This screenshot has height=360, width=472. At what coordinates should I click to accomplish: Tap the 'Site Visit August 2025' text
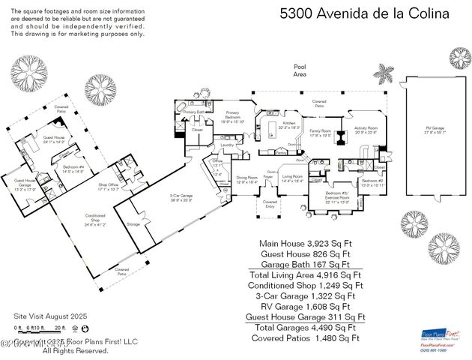tap(51, 317)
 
